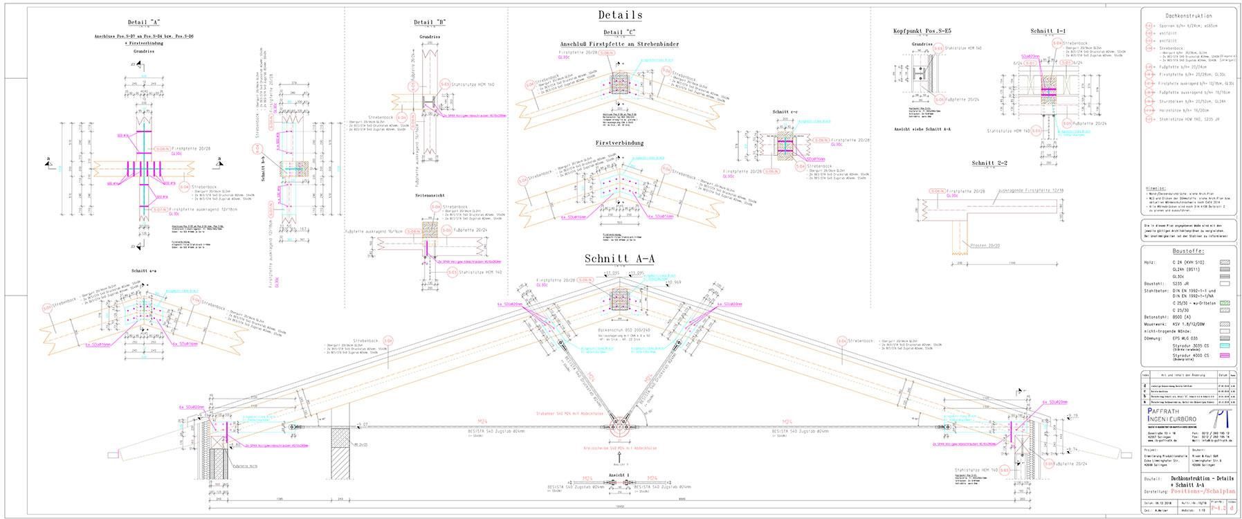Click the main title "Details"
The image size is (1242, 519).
click(621, 15)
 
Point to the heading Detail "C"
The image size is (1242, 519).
click(619, 33)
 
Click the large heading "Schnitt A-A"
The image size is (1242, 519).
click(620, 259)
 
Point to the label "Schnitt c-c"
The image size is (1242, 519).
click(787, 111)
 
